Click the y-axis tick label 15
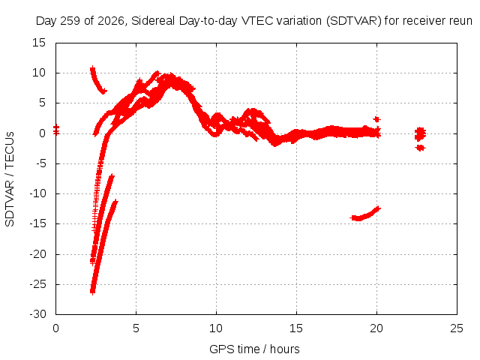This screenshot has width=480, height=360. click(x=39, y=43)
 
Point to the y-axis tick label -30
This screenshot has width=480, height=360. click(x=37, y=314)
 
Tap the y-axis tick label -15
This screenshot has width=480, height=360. click(x=37, y=223)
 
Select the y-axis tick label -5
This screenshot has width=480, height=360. click(x=40, y=163)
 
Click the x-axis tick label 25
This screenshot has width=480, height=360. click(x=457, y=328)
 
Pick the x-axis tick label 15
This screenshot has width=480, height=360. click(x=296, y=328)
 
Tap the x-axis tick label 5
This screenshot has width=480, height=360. click(x=136, y=328)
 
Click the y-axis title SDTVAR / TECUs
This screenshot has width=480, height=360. click(x=10, y=179)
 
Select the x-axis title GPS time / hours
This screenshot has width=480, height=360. click(x=254, y=349)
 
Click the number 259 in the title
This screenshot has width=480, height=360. click(x=71, y=21)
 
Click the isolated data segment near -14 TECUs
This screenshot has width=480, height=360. click(x=365, y=214)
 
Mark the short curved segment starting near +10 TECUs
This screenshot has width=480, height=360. click(x=98, y=80)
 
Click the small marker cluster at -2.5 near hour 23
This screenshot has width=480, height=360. click(x=421, y=148)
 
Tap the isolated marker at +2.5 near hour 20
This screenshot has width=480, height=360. click(x=376, y=119)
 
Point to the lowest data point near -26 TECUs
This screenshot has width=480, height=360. click(x=92, y=292)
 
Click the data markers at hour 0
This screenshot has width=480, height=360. click(x=56, y=130)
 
